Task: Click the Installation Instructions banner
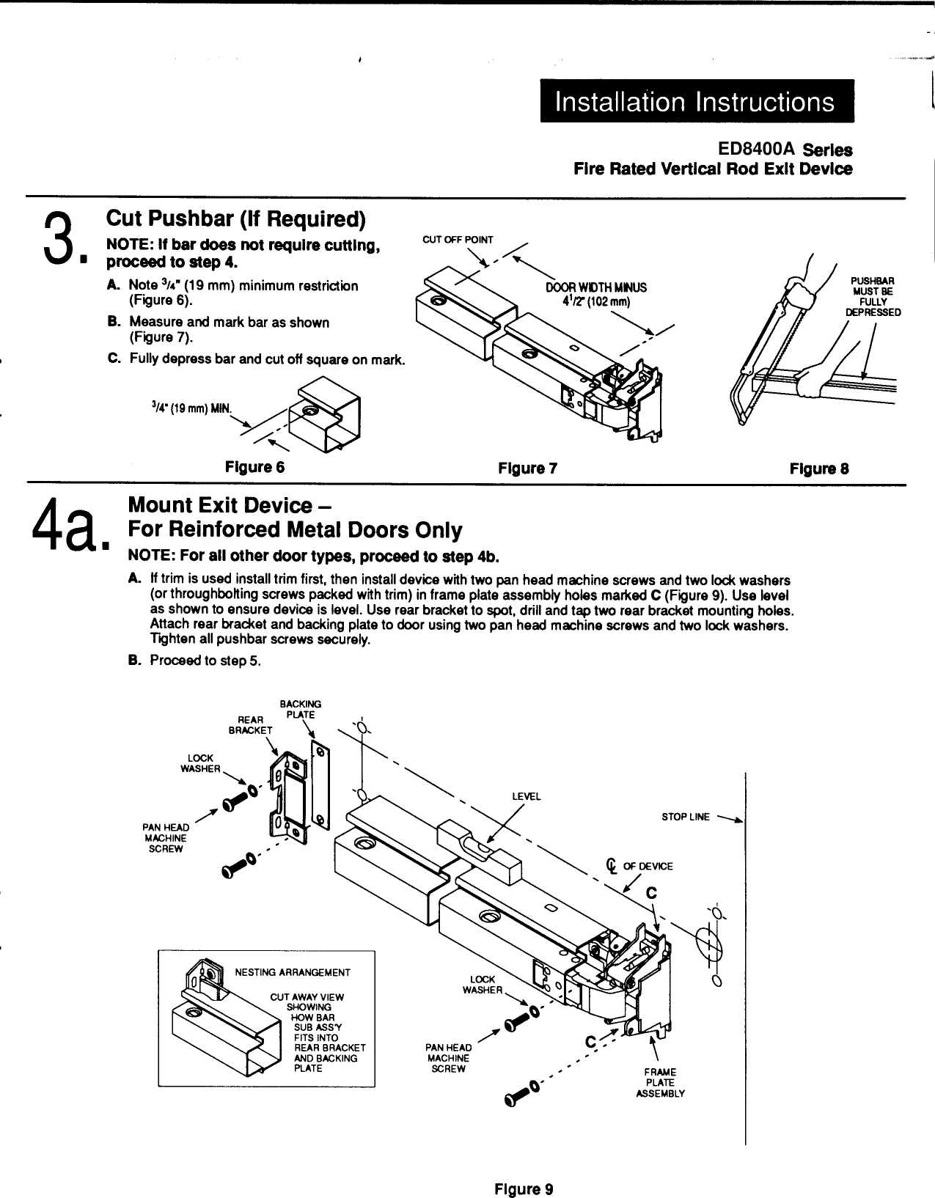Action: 695,101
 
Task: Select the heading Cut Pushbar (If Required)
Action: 235,218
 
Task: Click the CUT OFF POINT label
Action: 458,240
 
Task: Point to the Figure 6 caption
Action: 254,467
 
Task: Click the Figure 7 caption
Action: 528,468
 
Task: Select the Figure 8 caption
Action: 819,468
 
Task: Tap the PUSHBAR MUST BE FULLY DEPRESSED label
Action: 873,296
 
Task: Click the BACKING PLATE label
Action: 300,709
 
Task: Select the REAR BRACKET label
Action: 250,725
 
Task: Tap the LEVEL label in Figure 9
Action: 526,796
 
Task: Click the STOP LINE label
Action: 686,817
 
